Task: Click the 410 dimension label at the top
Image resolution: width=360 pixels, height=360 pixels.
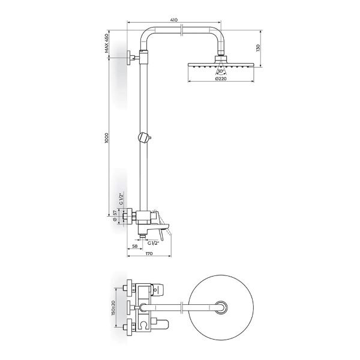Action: point(174,20)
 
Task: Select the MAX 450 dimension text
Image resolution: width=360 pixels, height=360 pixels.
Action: point(106,43)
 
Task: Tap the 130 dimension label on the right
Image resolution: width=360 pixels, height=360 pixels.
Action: point(257,48)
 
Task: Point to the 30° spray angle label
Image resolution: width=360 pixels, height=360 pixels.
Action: point(221,71)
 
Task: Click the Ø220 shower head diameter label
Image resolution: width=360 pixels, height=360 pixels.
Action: point(221,79)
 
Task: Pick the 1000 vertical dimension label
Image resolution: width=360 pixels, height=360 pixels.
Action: point(106,138)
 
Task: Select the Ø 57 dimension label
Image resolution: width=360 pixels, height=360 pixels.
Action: point(115,216)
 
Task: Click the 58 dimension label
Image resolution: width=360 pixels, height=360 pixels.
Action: point(135,246)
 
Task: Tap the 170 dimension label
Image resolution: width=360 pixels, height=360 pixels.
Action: point(149,253)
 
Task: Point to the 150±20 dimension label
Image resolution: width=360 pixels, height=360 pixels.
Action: point(113,308)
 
